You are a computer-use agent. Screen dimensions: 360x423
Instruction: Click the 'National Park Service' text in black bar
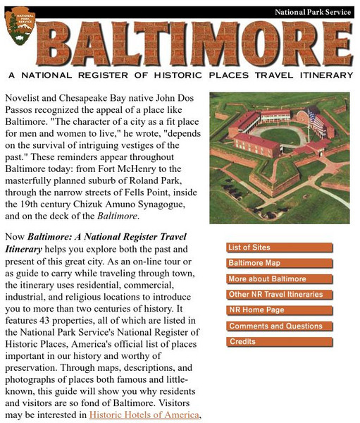[312, 12]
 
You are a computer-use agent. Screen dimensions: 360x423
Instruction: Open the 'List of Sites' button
[279, 247]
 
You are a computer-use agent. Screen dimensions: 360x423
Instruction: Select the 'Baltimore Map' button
[279, 263]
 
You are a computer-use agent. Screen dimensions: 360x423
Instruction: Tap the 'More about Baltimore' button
[279, 279]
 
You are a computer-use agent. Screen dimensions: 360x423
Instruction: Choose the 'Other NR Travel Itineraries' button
[279, 295]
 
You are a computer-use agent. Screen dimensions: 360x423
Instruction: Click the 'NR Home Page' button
[279, 310]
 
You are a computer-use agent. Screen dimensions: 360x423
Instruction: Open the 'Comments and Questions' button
[279, 326]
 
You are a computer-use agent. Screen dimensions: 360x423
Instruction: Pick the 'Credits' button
[279, 342]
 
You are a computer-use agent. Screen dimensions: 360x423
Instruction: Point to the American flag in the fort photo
[316, 122]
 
